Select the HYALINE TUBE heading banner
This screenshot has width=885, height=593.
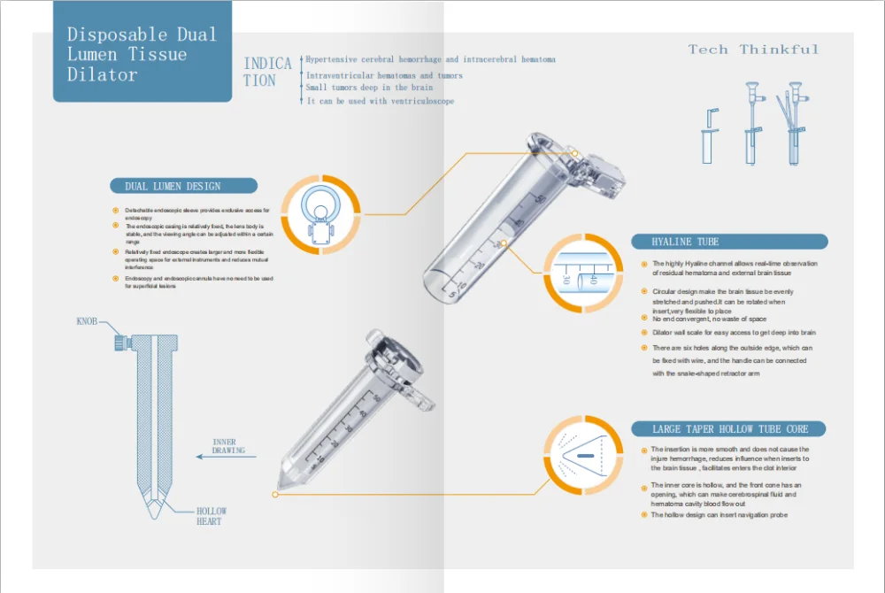click(728, 242)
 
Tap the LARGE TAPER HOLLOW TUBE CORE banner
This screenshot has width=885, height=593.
click(728, 429)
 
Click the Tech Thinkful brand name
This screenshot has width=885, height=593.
click(754, 50)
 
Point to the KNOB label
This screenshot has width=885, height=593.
click(87, 322)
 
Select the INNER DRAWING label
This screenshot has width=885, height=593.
click(228, 446)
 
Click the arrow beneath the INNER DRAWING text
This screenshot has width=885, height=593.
click(228, 458)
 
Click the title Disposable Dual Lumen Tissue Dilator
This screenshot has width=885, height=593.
click(142, 54)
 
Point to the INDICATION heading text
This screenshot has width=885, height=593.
click(267, 72)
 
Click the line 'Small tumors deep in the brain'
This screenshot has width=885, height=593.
click(369, 88)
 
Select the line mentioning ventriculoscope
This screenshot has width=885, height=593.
click(380, 102)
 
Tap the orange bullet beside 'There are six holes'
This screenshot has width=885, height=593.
click(644, 349)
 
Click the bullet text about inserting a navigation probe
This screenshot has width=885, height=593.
click(719, 514)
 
